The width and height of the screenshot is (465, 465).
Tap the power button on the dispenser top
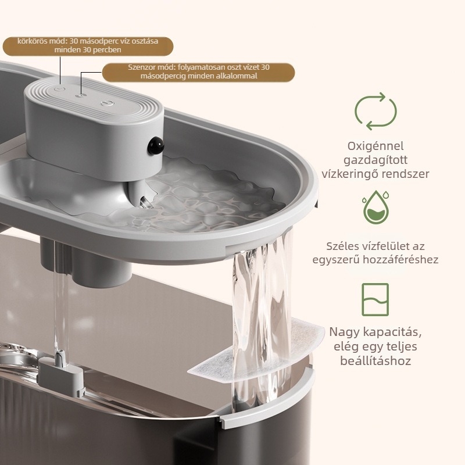[107, 103]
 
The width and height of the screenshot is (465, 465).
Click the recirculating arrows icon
[375, 111]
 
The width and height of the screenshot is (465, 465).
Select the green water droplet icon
[375, 207]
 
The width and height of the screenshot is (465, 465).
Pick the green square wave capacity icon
[375, 299]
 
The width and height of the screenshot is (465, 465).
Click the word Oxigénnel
[375, 146]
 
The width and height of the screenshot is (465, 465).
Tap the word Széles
[341, 246]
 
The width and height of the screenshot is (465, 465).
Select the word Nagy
[343, 332]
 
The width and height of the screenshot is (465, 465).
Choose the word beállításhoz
[375, 360]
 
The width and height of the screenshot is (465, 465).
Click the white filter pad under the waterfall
[256, 350]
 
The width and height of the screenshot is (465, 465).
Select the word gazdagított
[375, 160]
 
